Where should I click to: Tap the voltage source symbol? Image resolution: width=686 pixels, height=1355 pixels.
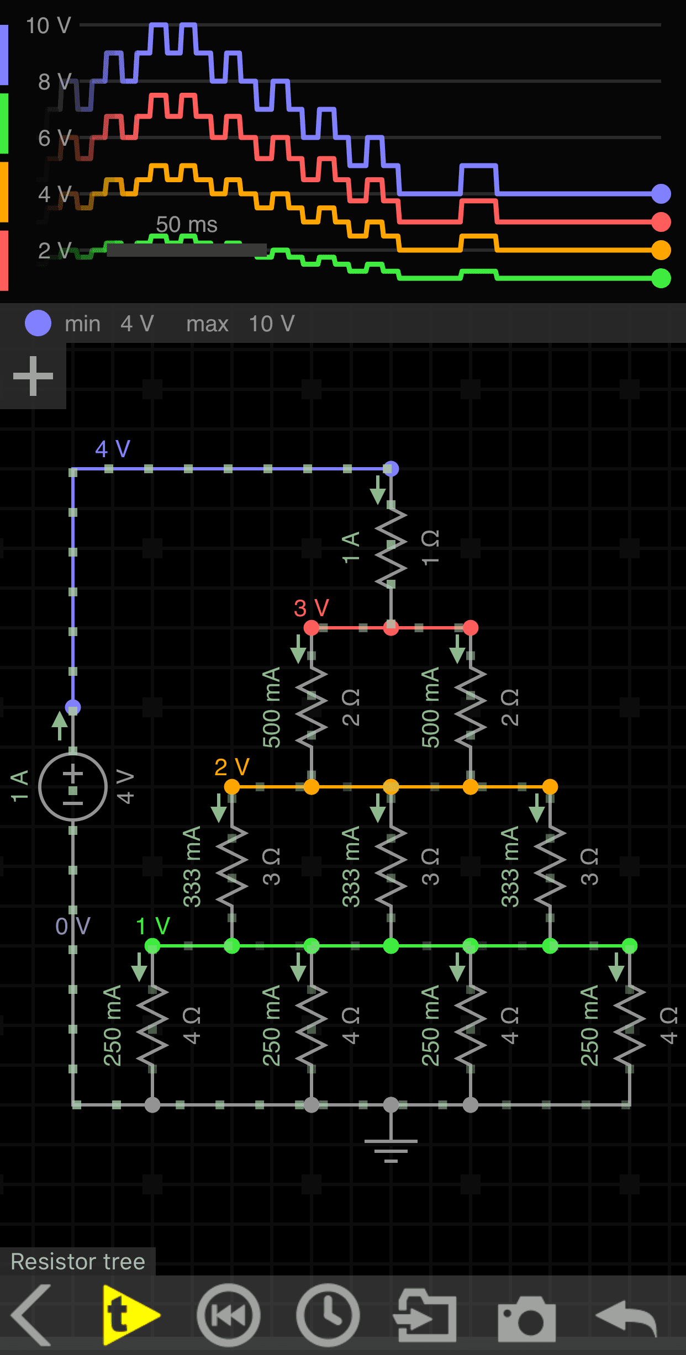[x=73, y=786]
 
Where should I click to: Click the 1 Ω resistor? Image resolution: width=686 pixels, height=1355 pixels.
[x=391, y=547]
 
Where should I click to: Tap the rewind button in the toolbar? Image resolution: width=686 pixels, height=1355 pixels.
[x=229, y=1316]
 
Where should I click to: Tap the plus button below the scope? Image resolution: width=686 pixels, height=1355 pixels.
[x=33, y=376]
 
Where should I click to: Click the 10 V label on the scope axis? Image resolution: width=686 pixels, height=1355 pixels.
[x=49, y=26]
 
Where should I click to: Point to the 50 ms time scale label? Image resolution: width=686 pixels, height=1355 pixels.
[x=187, y=225]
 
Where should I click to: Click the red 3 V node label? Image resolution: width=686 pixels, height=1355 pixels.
[x=312, y=608]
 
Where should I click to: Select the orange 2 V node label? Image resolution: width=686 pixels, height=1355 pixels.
[x=232, y=767]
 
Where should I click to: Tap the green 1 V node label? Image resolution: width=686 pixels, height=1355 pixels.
[x=153, y=926]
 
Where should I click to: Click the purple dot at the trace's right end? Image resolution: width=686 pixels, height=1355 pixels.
[x=661, y=194]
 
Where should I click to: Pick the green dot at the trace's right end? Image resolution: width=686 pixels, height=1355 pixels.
[x=661, y=278]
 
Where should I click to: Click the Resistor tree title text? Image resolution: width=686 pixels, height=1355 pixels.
[x=78, y=1262]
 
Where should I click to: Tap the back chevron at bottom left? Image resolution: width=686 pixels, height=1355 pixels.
[x=32, y=1315]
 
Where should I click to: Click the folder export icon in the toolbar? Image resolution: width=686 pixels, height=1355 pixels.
[x=425, y=1316]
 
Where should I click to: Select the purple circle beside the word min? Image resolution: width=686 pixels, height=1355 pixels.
[x=38, y=324]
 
